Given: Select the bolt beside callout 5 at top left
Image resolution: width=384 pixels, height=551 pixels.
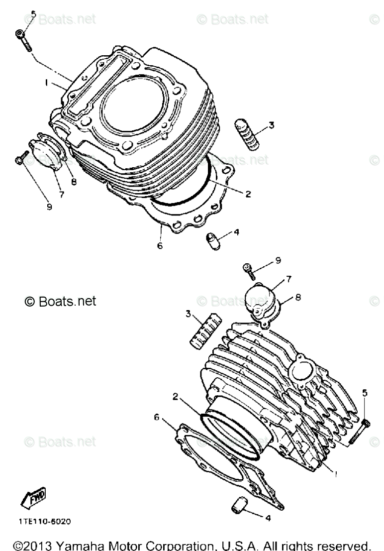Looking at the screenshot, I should point(24,39).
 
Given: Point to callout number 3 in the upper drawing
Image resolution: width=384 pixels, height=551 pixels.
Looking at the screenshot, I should point(271,125).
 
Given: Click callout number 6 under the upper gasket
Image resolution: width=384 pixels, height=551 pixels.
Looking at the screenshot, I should point(159,245).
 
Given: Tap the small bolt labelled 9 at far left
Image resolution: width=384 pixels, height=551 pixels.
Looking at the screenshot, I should point(19,161).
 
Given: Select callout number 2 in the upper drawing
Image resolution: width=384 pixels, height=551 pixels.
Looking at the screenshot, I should point(247,194).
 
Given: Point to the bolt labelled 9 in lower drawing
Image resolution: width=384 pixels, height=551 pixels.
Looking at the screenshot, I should point(249,270).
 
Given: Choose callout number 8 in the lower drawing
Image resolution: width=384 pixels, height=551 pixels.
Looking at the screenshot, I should point(297,297).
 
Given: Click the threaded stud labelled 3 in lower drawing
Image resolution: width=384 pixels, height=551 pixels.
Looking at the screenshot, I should point(203,329).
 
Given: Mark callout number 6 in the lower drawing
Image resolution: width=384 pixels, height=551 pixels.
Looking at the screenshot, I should point(157,417).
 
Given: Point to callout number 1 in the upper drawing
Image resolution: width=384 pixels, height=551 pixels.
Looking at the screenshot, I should point(46,84).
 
